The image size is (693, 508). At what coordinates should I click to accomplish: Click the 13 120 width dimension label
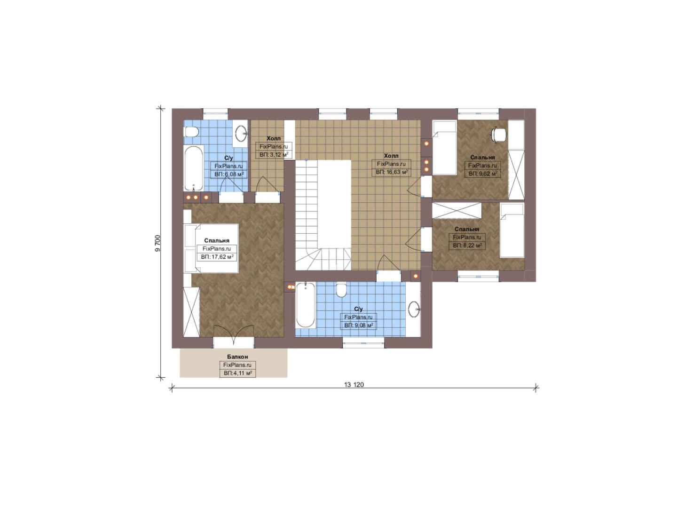pyautogui.click(x=354, y=385)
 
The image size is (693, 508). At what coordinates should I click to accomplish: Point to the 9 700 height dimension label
pyautogui.click(x=158, y=243)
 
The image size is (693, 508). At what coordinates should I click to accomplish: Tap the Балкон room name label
pyautogui.click(x=237, y=357)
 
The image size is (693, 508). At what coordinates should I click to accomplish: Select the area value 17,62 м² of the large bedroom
pyautogui.click(x=217, y=257)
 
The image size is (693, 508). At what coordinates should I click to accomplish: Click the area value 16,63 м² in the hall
pyautogui.click(x=391, y=172)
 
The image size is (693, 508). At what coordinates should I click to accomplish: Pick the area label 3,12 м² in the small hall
pyautogui.click(x=274, y=154)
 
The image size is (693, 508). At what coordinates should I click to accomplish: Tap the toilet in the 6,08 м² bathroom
pyautogui.click(x=191, y=132)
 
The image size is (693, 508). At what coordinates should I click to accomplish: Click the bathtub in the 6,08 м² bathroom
pyautogui.click(x=194, y=168)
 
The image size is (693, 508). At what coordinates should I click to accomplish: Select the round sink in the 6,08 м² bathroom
pyautogui.click(x=240, y=134)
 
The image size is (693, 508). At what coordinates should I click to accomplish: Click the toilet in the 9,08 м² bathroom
pyautogui.click(x=341, y=290)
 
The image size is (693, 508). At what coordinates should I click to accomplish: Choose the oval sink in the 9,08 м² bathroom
pyautogui.click(x=414, y=309)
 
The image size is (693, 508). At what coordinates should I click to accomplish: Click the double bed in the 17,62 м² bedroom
pyautogui.click(x=211, y=248)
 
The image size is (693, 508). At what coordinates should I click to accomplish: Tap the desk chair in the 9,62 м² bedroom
pyautogui.click(x=499, y=135)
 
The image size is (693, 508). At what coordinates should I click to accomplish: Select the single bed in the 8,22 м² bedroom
pyautogui.click(x=512, y=230)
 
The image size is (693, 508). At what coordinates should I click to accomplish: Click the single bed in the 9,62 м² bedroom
pyautogui.click(x=445, y=147)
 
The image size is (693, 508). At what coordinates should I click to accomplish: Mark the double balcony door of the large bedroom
pyautogui.click(x=234, y=337)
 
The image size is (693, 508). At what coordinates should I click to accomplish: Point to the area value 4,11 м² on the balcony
pyautogui.click(x=237, y=373)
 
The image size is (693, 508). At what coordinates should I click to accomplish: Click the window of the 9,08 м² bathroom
pyautogui.click(x=363, y=343)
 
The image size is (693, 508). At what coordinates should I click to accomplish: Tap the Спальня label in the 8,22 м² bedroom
pyautogui.click(x=467, y=229)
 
